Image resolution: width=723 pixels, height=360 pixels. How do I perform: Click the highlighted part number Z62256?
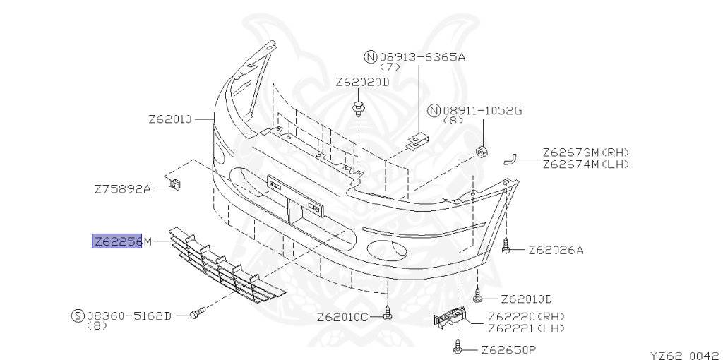point(117,241)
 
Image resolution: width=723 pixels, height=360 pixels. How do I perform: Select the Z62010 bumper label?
point(169,119)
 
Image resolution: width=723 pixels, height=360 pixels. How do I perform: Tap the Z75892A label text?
point(123,189)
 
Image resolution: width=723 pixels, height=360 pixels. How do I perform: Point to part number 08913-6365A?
point(422,57)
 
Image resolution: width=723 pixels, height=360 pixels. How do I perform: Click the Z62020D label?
point(362,83)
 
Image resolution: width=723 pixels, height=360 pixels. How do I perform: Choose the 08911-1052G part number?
point(483,111)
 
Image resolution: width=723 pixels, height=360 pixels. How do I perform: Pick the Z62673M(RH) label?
point(585,152)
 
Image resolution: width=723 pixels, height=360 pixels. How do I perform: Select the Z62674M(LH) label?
point(585,164)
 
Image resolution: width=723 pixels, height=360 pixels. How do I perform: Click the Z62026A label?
point(556,251)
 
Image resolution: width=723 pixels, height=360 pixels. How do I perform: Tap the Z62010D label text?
point(526,299)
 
